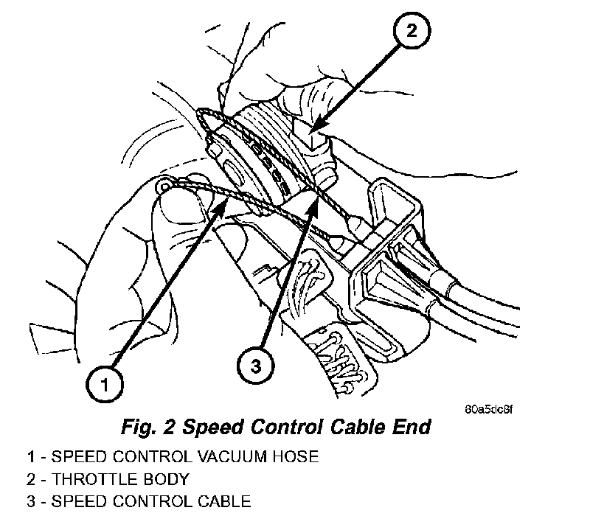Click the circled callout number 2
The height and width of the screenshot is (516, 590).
412,32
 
